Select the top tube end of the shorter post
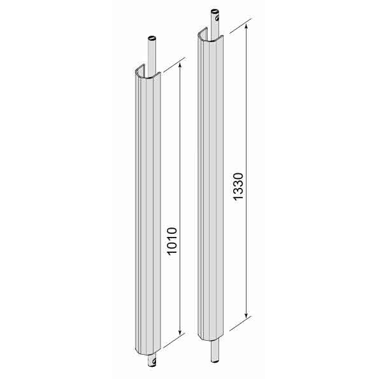(152, 39)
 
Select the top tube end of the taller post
(215, 12)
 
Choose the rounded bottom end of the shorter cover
(145, 352)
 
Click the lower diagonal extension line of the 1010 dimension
(169, 342)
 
